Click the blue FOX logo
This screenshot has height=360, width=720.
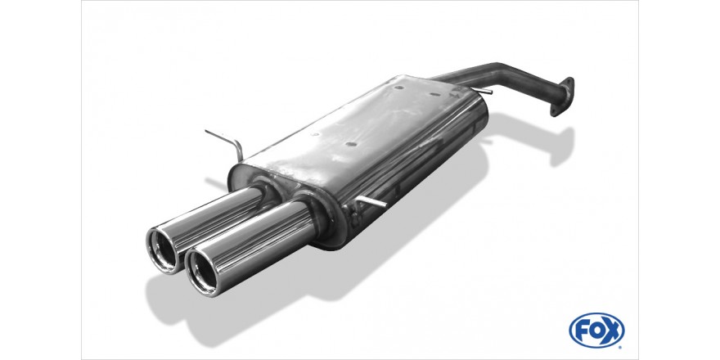(x=596, y=331)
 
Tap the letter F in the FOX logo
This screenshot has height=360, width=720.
(x=583, y=331)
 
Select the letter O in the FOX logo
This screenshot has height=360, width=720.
(x=596, y=331)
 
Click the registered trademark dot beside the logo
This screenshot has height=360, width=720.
(x=621, y=346)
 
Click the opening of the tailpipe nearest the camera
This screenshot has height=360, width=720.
(x=202, y=272)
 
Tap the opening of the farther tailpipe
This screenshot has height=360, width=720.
(x=162, y=250)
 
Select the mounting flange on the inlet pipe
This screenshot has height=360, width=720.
(x=562, y=97)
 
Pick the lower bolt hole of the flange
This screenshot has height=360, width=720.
(x=554, y=110)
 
